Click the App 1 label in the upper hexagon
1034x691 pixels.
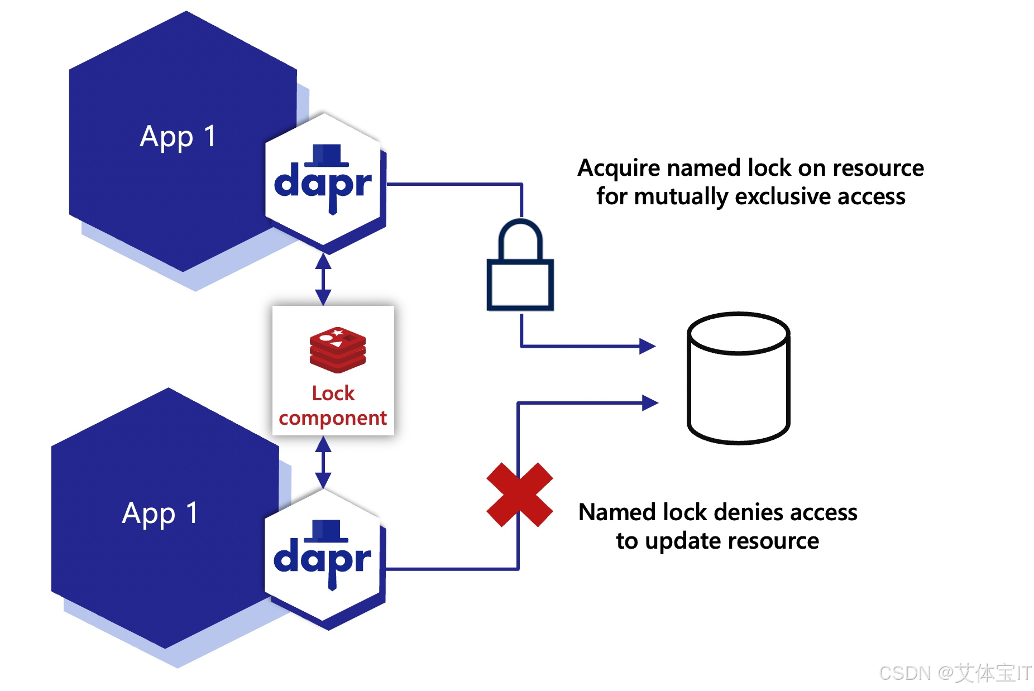coord(178,137)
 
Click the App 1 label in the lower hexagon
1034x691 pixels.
coord(160,514)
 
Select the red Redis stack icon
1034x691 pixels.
coord(337,350)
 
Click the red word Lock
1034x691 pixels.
coord(333,394)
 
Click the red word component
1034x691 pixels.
coord(333,418)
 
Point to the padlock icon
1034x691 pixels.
coord(520,266)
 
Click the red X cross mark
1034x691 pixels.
coord(519,495)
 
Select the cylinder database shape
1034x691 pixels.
coord(738,378)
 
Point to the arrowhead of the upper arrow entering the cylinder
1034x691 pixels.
coord(648,346)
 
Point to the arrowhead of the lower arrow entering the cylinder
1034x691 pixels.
coord(650,402)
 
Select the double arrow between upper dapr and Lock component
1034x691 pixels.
coord(323,279)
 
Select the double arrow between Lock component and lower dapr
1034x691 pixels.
coord(323,462)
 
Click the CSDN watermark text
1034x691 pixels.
coord(955,673)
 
